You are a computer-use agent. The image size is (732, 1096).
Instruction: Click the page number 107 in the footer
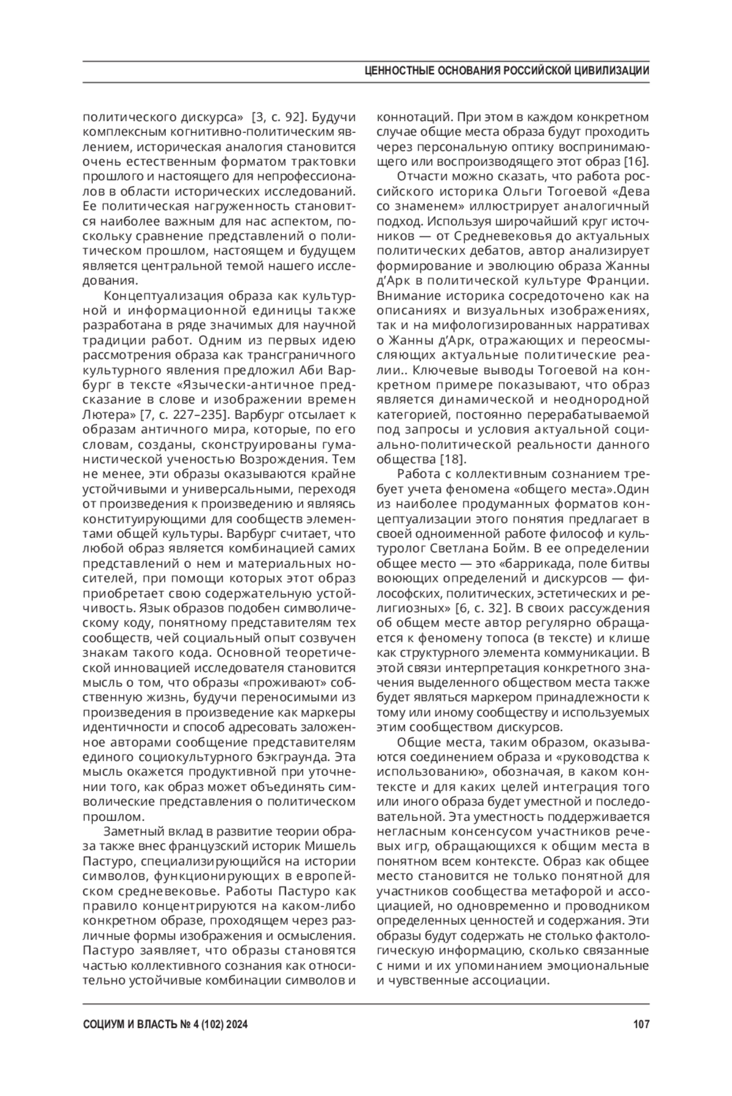point(640,1025)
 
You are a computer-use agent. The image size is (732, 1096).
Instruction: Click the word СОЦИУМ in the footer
point(104,1025)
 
